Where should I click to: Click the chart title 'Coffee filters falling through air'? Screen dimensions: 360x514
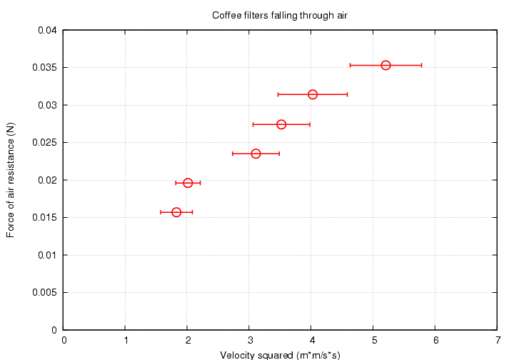pyautogui.click(x=280, y=15)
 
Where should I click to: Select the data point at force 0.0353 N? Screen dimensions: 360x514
pyautogui.click(x=385, y=65)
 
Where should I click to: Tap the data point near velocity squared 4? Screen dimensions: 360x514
pyautogui.click(x=313, y=94)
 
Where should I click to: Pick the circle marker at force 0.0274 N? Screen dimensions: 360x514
pyautogui.click(x=281, y=124)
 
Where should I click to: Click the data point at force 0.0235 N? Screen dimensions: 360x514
pyautogui.click(x=256, y=154)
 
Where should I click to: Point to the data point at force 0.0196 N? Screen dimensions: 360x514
pyautogui.click(x=188, y=183)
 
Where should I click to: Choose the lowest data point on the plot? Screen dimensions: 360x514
pyautogui.click(x=176, y=212)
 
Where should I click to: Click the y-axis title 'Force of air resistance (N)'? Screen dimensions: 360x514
pyautogui.click(x=11, y=180)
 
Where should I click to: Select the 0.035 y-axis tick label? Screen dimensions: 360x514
pyautogui.click(x=46, y=68)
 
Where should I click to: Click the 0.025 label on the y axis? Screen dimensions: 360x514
pyautogui.click(x=46, y=143)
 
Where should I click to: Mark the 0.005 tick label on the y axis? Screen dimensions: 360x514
pyautogui.click(x=46, y=292)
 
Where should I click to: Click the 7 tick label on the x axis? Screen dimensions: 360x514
pyautogui.click(x=497, y=341)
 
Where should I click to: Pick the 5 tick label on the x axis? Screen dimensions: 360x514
pyautogui.click(x=373, y=341)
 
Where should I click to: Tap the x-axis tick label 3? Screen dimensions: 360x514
pyautogui.click(x=250, y=341)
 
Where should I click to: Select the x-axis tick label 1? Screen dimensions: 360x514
pyautogui.click(x=126, y=341)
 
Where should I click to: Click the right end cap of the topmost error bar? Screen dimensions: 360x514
pyautogui.click(x=422, y=65)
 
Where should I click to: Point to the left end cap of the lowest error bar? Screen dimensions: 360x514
pyautogui.click(x=161, y=212)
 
